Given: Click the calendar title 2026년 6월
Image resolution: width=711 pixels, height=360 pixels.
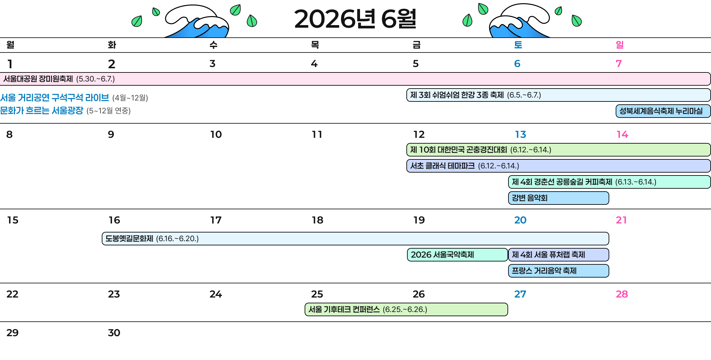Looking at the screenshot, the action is coord(355,19).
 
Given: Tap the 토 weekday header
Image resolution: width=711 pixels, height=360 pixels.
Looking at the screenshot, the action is coord(518,45).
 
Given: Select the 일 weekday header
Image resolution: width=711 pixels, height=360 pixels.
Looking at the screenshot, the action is coord(620,45).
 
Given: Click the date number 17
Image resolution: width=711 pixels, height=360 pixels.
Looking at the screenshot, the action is coord(216,220).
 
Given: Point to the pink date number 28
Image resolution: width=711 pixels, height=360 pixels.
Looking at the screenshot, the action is coord(622,294).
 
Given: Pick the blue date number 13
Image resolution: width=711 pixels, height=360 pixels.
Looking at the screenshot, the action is coord(520,134).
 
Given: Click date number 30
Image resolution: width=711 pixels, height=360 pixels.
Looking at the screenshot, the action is coord(114,333).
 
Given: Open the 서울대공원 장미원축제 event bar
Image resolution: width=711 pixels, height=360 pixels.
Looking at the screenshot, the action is coord(355,79).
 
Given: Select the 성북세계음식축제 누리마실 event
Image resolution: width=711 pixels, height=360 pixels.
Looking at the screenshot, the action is coord(663,111).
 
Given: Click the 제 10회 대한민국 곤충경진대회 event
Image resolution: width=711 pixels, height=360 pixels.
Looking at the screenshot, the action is coord(558,150).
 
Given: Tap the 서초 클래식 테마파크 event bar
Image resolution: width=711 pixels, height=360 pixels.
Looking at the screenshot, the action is coord(558,166).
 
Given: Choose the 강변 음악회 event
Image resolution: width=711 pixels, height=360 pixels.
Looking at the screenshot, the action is coord(558,198).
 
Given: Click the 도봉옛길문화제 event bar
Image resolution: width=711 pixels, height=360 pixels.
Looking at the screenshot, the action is coord(355,239).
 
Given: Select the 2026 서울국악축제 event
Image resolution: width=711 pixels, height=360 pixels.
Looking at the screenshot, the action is coord(457,255).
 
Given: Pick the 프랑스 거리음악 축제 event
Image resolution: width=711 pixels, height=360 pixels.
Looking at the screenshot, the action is coord(558,271).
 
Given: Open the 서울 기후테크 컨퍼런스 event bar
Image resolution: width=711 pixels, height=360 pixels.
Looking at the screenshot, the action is coord(406,309).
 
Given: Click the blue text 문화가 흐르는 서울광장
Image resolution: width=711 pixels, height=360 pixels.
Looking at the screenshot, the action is coord(42,111).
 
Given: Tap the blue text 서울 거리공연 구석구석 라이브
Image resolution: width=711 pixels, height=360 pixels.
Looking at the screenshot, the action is coord(54,98).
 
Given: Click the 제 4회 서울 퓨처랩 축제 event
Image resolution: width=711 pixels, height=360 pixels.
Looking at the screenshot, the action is coord(558,255).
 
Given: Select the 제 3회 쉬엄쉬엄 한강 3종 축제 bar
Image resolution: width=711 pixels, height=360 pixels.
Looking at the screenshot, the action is coord(558,95).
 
